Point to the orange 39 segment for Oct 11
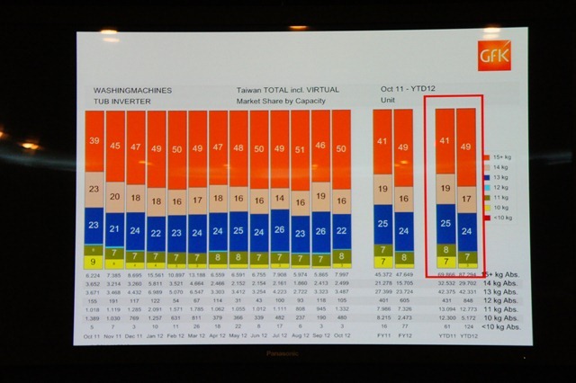(x=94, y=140)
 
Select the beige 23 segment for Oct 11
(x=94, y=190)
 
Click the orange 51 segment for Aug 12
(x=300, y=149)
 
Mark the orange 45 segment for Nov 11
(x=114, y=145)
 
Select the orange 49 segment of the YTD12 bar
(x=466, y=147)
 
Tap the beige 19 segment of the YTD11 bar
(x=445, y=190)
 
